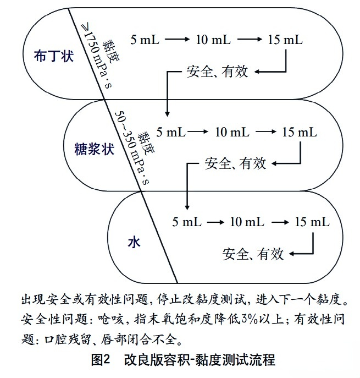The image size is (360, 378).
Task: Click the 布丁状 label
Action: point(53,56)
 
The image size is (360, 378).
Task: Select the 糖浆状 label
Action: point(94,149)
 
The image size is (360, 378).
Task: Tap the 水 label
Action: point(134,242)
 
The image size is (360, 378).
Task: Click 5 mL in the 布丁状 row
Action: point(145,40)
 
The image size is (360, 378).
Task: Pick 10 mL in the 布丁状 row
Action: point(213,40)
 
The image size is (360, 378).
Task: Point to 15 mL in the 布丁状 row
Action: point(285,40)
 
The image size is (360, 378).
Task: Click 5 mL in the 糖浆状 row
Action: point(171,132)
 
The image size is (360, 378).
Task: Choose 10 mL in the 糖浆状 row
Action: point(232,132)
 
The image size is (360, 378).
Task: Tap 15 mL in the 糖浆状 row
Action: point(300,132)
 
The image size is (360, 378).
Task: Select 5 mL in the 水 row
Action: point(187,222)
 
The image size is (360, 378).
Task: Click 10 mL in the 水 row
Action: point(247,222)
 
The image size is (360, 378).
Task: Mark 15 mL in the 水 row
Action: point(312,222)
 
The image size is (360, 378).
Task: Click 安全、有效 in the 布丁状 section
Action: point(217,72)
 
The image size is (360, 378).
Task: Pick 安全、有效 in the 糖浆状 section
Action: point(235,163)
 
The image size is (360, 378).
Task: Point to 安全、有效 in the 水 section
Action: point(253,254)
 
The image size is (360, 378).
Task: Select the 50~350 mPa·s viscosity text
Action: point(131,147)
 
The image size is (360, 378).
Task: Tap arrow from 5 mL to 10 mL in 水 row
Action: point(215,222)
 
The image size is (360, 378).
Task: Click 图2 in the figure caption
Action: point(101,360)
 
